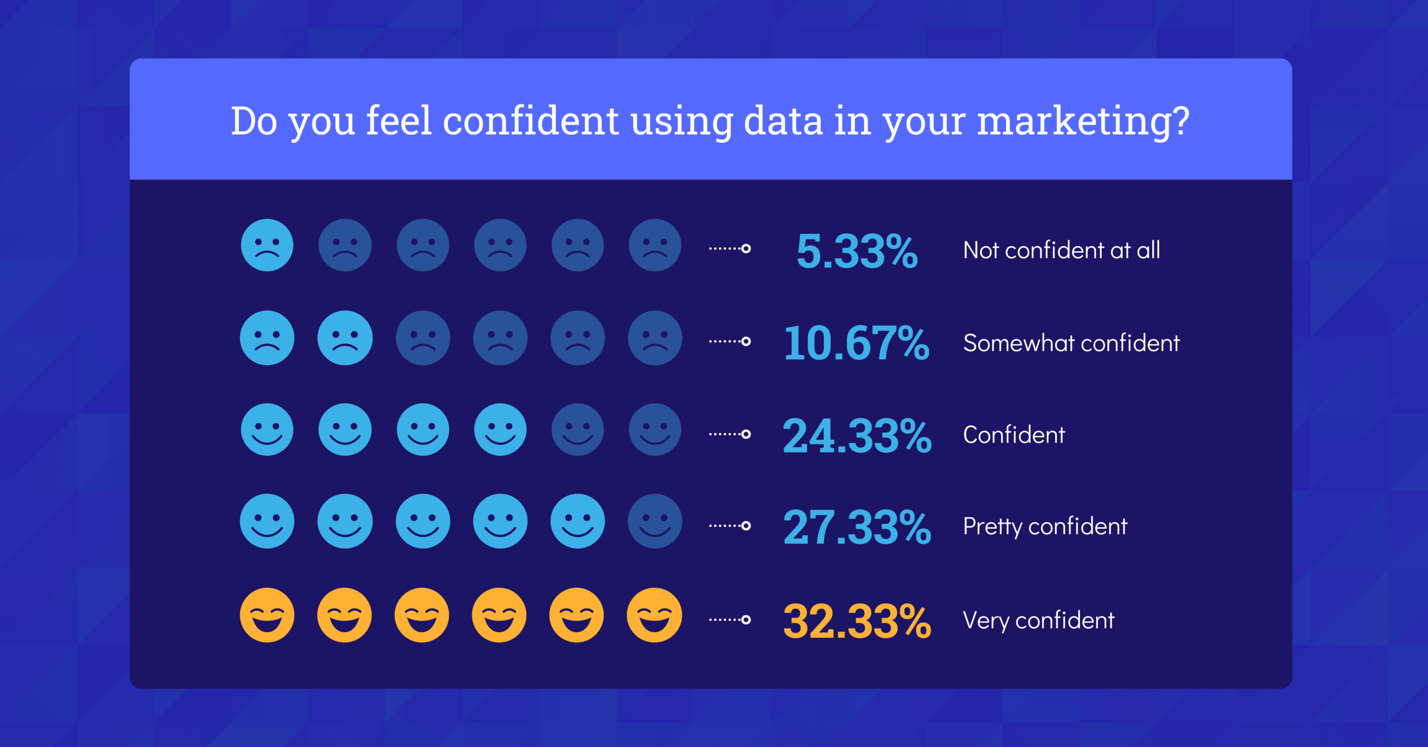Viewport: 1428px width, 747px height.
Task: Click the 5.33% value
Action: [856, 251]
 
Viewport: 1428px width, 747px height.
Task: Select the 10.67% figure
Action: [856, 343]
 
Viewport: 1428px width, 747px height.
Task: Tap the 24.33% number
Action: [856, 436]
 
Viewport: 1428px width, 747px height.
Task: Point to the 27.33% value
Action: [856, 527]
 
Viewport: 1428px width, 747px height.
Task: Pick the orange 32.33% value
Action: [856, 621]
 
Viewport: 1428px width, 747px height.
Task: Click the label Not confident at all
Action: [1061, 250]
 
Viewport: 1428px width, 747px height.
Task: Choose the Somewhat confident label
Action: [1071, 343]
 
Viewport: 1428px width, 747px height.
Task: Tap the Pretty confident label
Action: [1045, 526]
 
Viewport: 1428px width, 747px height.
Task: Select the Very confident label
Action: [1038, 620]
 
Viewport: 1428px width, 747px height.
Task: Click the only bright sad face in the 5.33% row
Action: [267, 245]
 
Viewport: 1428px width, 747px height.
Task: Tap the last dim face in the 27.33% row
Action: [654, 521]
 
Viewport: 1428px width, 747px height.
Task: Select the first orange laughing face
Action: [267, 615]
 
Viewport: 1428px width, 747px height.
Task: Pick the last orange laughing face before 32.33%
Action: [654, 615]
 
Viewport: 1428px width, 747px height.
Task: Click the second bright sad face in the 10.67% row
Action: [345, 338]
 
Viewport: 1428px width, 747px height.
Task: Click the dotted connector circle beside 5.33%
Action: [746, 248]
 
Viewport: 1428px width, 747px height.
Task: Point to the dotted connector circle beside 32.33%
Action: [746, 620]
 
